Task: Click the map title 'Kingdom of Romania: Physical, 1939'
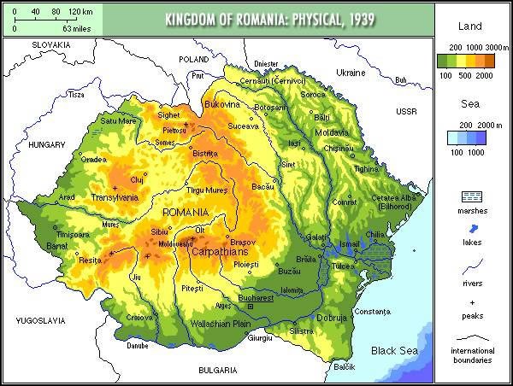pos(270,19)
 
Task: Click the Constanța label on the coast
pos(371,311)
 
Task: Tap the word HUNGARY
pos(46,145)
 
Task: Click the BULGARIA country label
pos(216,371)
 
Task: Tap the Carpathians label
pos(219,254)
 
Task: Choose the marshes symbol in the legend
pos(472,197)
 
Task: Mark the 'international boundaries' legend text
pos(472,355)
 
